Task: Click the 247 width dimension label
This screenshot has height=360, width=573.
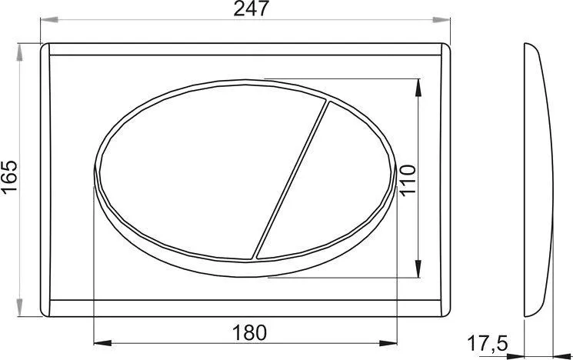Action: (251, 8)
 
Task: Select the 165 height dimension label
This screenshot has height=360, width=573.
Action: (9, 176)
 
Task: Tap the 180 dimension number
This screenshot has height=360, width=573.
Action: (250, 333)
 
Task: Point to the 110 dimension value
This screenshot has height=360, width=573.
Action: (408, 180)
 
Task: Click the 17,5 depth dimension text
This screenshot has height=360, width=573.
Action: (488, 344)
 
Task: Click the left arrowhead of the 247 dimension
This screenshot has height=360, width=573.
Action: (49, 19)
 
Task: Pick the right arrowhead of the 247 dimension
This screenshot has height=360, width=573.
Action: (441, 19)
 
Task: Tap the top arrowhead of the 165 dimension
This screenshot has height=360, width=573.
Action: (19, 52)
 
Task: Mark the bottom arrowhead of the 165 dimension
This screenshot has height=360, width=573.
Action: (19, 308)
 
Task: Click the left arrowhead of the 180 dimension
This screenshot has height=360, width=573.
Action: (103, 343)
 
